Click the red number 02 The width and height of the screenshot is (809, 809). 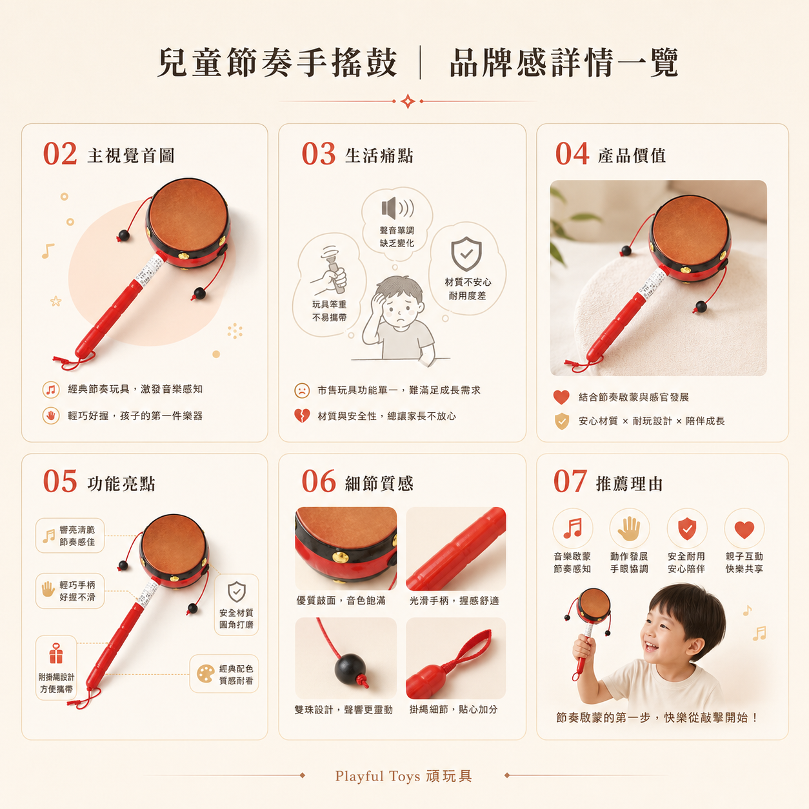click(x=60, y=154)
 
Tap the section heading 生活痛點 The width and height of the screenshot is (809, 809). click(x=379, y=155)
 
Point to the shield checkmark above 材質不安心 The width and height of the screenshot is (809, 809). click(x=466, y=254)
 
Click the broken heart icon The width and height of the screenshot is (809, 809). click(x=302, y=415)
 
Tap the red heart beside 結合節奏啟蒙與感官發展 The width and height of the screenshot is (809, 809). click(x=561, y=397)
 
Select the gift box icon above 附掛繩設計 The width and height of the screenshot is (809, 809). click(x=56, y=654)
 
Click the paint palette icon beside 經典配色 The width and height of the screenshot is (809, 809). click(x=205, y=674)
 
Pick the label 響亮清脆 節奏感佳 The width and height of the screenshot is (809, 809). click(x=77, y=535)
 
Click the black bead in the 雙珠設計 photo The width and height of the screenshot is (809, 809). click(x=350, y=668)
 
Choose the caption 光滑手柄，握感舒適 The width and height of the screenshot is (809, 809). click(x=454, y=601)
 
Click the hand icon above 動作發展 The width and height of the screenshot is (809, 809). click(x=629, y=528)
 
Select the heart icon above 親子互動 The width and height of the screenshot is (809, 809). click(x=744, y=530)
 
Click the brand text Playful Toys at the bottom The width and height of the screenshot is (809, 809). click(x=377, y=776)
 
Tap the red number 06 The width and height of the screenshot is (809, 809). click(x=319, y=481)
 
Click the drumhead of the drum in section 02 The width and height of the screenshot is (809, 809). click(x=188, y=215)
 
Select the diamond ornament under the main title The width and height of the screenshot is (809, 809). click(x=408, y=101)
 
